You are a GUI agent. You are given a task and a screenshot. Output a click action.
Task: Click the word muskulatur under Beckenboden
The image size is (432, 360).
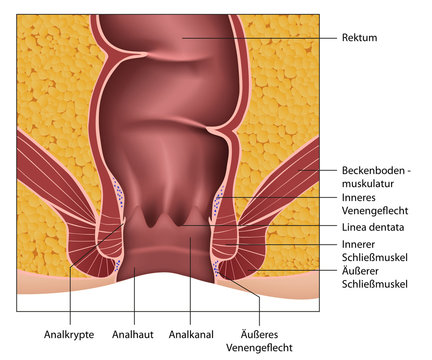point(361,184)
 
